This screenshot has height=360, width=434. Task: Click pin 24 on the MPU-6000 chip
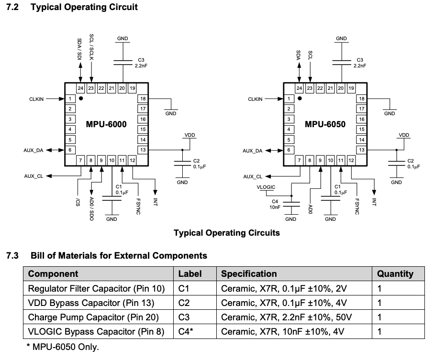click(x=80, y=88)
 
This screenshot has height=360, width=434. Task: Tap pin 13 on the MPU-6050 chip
click(x=361, y=150)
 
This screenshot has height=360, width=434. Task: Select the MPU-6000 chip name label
click(x=106, y=124)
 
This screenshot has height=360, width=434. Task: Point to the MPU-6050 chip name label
click(x=325, y=124)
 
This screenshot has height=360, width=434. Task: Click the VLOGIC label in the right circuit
click(x=266, y=187)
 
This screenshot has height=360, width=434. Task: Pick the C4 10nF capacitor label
click(x=275, y=204)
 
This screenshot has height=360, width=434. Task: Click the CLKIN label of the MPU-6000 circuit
click(x=36, y=99)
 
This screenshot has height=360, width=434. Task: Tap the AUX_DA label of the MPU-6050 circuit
click(x=252, y=151)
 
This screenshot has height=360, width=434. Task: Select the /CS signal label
click(x=77, y=202)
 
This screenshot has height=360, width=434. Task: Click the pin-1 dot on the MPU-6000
click(x=81, y=98)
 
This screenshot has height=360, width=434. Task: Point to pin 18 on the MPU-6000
click(x=143, y=98)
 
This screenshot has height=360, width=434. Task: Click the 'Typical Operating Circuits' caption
click(x=226, y=233)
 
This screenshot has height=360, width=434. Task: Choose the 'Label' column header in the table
click(x=190, y=274)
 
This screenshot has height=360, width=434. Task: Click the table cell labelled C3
click(x=184, y=317)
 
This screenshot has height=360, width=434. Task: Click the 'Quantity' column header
click(x=395, y=274)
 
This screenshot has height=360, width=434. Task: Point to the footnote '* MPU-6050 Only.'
click(x=62, y=347)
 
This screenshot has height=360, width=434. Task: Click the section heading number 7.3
click(x=12, y=255)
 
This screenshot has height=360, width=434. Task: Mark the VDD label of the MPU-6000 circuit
click(x=189, y=135)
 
